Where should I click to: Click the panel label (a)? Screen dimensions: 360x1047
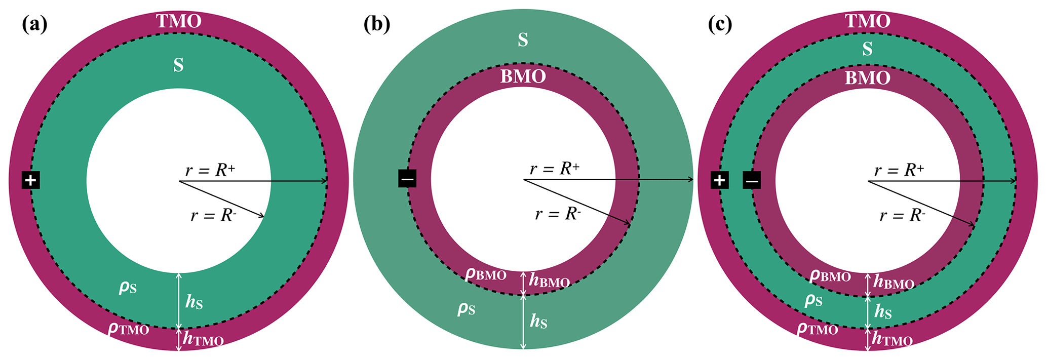[34, 24]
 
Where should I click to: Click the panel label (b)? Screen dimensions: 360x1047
[377, 24]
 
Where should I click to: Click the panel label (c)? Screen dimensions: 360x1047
[719, 24]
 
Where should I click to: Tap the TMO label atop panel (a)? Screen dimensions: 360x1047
[178, 21]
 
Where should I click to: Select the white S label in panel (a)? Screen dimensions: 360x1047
[178, 65]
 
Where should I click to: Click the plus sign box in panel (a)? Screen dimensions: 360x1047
[31, 180]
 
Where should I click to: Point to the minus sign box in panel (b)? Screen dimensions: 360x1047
[407, 179]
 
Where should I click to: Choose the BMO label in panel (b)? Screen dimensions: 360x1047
[523, 76]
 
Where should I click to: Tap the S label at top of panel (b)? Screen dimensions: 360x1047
[523, 40]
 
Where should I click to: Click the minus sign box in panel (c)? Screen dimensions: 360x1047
[752, 180]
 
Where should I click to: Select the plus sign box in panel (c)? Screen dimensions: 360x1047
[720, 180]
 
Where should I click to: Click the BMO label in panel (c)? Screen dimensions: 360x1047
[867, 78]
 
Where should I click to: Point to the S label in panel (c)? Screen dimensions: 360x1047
[867, 49]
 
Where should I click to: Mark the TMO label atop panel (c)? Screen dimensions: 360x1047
[867, 21]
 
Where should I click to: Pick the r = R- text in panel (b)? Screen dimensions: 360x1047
[558, 214]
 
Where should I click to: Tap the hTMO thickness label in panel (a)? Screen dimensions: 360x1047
[203, 339]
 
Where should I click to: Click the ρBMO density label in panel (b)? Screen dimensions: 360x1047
[486, 275]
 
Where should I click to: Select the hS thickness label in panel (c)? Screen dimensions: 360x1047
[883, 311]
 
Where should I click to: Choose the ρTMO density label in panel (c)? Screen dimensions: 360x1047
[817, 330]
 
